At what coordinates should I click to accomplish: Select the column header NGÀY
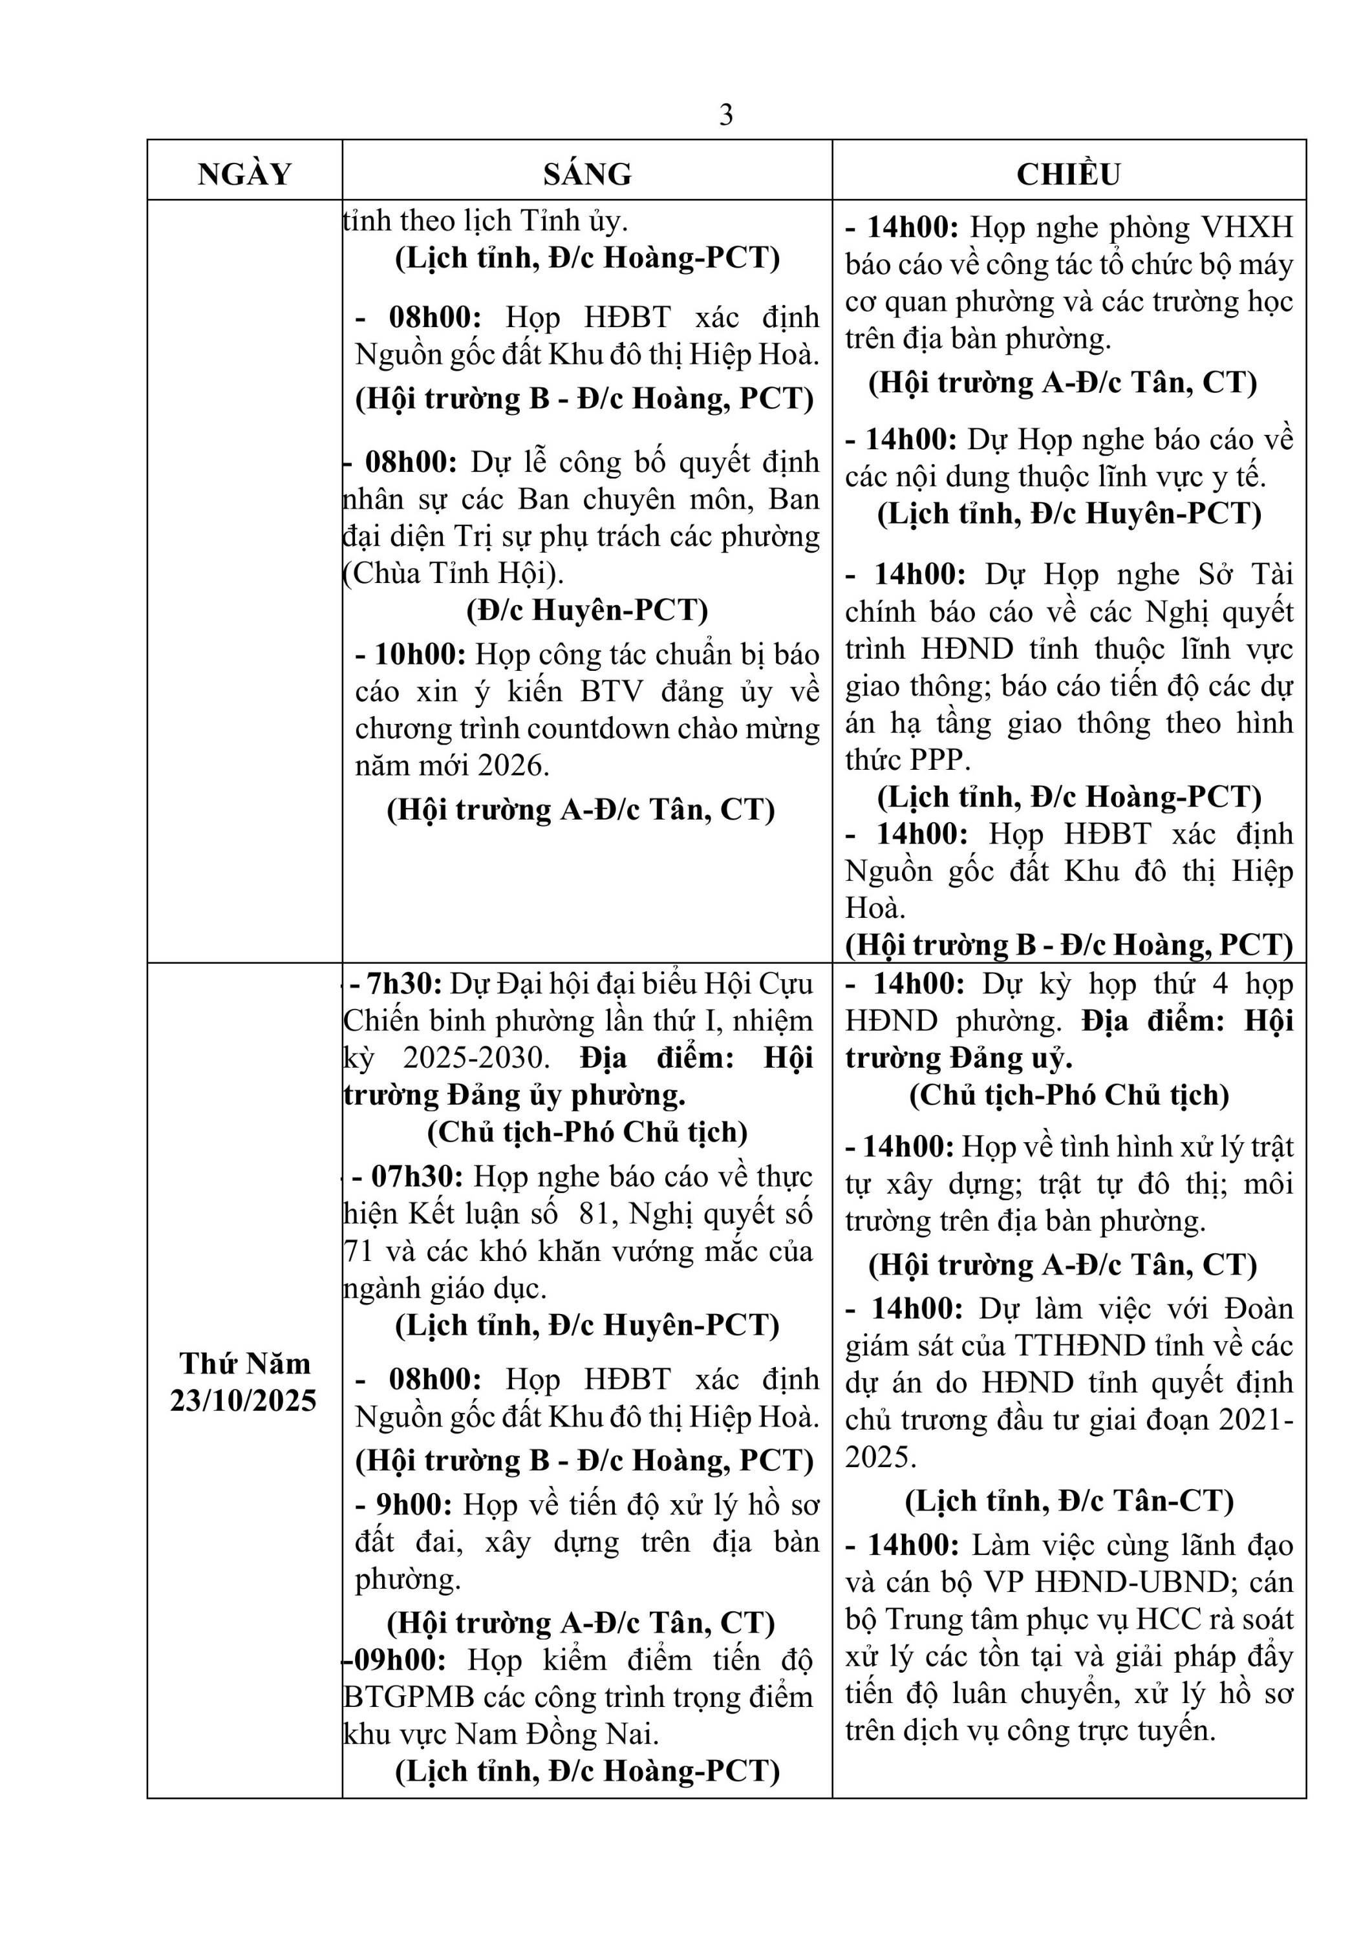(x=244, y=174)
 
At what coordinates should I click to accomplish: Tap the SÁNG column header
(x=587, y=174)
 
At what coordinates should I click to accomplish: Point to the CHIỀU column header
(x=1068, y=174)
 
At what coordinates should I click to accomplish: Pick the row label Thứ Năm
(x=244, y=1363)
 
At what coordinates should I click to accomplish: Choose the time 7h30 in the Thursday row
(x=402, y=984)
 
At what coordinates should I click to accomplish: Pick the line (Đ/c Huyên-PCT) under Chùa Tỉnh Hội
(x=587, y=609)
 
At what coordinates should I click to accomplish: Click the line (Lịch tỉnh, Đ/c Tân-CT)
(x=1069, y=1501)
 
